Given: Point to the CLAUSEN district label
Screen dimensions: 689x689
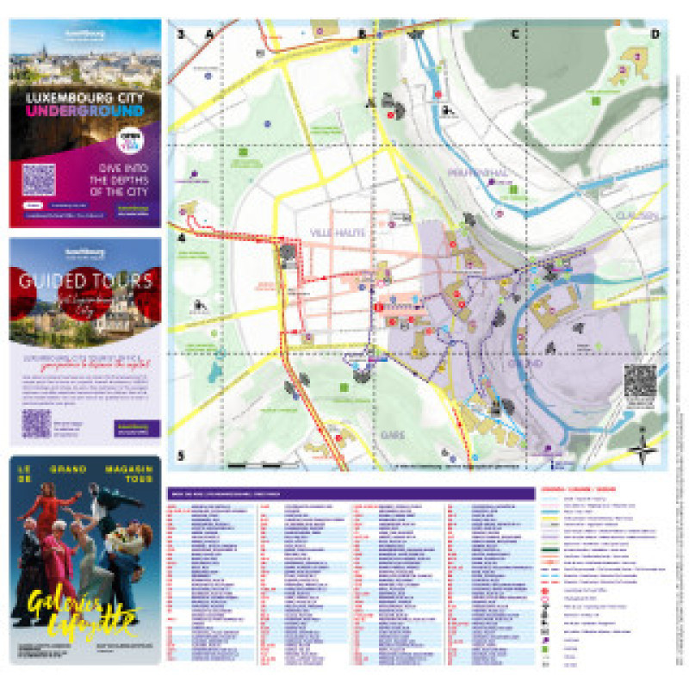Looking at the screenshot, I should (x=636, y=215).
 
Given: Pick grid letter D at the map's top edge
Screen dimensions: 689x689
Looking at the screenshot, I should (x=655, y=34).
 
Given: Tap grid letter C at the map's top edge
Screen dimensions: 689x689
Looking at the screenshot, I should (x=515, y=34).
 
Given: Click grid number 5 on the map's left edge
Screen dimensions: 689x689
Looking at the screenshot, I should (x=181, y=456).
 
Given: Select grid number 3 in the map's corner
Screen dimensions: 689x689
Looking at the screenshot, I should (x=181, y=34).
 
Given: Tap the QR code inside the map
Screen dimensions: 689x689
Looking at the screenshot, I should (x=640, y=381).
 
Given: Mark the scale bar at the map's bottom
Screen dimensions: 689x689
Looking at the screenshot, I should (x=250, y=465).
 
